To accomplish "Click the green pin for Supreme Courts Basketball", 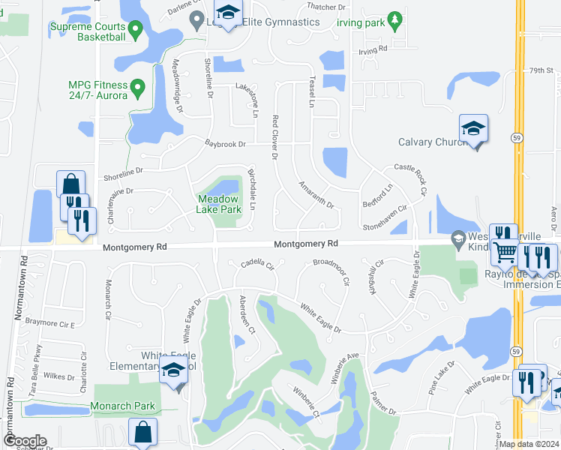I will pyautogui.click(x=136, y=30).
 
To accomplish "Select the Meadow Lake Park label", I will pyautogui.click(x=219, y=204).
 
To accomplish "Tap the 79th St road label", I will pyautogui.click(x=540, y=70).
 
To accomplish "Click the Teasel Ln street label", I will pyautogui.click(x=309, y=94).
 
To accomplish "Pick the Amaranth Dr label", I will pyautogui.click(x=315, y=194).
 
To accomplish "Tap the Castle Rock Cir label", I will pyautogui.click(x=410, y=181).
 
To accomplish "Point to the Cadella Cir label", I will pyautogui.click(x=257, y=265).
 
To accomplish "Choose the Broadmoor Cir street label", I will pyautogui.click(x=331, y=272).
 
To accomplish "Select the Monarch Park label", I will pyautogui.click(x=122, y=406).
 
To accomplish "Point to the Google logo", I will pyautogui.click(x=24, y=441).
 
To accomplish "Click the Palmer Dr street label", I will pyautogui.click(x=382, y=404).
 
